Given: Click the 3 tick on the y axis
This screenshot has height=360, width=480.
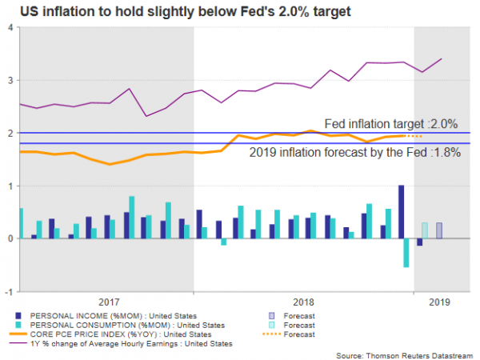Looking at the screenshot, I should tap(10, 80).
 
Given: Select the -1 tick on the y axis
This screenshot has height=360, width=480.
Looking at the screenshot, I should tap(8, 291).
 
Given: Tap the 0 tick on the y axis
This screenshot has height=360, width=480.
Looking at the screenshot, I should tap(10, 238).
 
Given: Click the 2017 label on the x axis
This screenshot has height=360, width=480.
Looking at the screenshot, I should tap(108, 303).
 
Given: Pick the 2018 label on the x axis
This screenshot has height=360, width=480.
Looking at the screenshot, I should tap(304, 303).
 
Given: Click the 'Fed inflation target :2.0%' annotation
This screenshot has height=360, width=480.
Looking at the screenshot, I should tap(390, 124).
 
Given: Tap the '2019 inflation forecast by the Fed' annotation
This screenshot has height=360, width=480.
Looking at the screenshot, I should tap(355, 153).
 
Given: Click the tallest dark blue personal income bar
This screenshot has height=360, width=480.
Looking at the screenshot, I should tap(401, 212).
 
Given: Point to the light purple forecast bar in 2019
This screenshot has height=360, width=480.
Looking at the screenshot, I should tap(439, 230).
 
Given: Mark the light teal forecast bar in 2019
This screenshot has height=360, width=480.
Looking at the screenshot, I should tap(425, 230).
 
